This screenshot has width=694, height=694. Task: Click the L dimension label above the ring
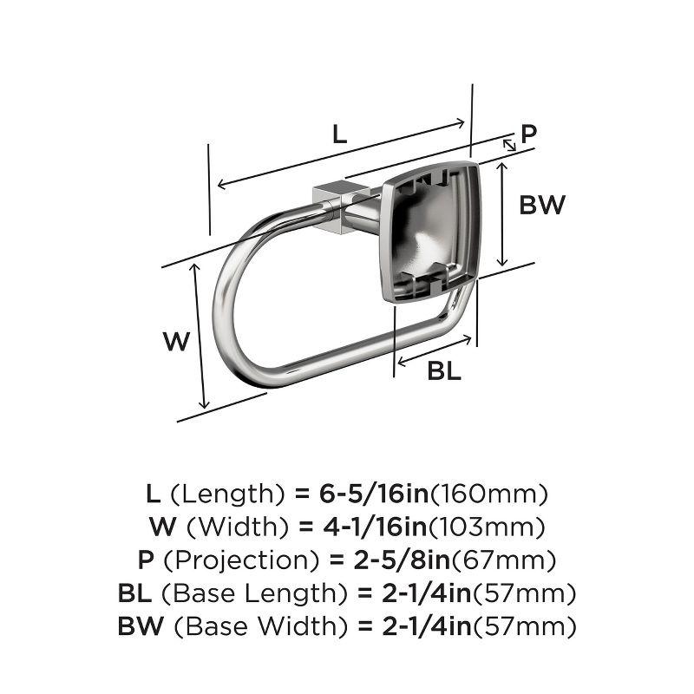coord(340,134)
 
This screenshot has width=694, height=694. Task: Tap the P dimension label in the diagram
coord(528,134)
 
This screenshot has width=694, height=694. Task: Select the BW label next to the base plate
coord(542,206)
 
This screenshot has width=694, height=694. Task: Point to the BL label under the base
coord(443,371)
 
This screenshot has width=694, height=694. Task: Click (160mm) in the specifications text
coord(490,494)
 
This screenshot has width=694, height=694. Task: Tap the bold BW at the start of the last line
coord(137,625)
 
